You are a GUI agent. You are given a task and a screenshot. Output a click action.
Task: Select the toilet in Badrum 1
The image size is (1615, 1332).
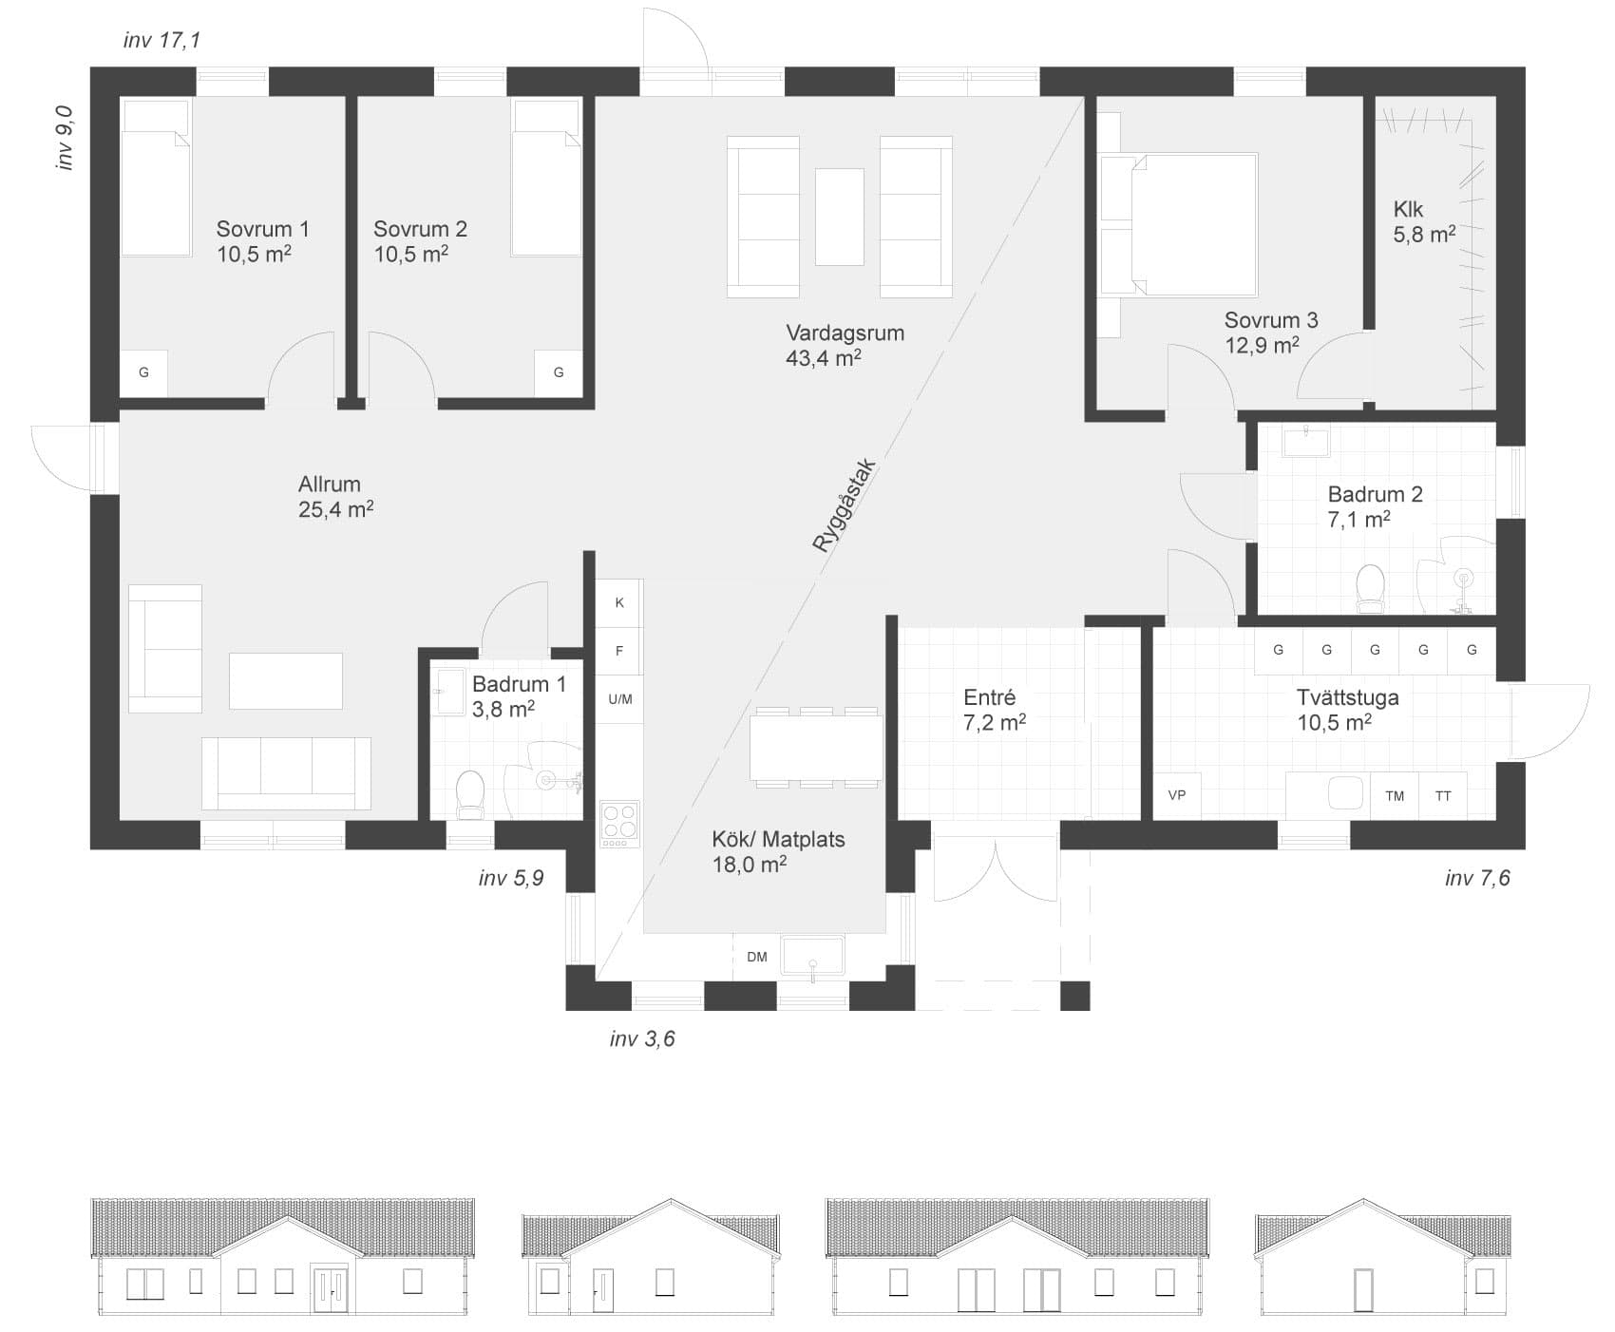[x=470, y=794]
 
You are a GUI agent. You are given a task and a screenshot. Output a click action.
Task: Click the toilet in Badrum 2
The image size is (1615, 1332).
[x=1370, y=589]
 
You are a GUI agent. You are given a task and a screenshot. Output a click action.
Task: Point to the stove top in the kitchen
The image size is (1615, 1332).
[x=620, y=825]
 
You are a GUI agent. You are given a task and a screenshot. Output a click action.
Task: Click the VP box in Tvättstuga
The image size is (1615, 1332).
[x=1177, y=795]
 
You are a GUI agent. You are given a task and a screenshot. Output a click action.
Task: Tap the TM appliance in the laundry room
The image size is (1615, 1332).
[x=1395, y=795]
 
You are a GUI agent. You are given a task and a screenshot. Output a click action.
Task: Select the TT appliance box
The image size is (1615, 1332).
[x=1443, y=795]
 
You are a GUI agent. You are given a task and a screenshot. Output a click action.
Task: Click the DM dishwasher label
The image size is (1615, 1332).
[x=757, y=957]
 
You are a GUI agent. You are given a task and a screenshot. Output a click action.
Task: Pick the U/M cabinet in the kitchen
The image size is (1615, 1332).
[x=619, y=699]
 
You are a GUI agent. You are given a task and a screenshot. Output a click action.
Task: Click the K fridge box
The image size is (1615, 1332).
[x=619, y=602]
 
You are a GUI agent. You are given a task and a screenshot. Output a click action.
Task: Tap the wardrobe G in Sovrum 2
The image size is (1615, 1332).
[x=559, y=372]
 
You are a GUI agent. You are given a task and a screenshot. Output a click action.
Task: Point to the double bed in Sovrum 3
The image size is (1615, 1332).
[x=1178, y=224]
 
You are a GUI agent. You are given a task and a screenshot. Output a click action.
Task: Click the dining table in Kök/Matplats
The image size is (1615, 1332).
[x=816, y=748]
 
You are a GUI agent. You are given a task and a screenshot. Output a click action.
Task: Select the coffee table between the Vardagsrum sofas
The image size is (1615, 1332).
[x=840, y=217]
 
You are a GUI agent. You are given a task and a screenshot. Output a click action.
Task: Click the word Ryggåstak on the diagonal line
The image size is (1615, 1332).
[x=845, y=505]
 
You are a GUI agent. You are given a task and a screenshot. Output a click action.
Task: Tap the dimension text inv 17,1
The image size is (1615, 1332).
[x=161, y=40]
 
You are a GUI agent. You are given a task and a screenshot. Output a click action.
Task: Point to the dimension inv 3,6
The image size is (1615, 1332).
[x=642, y=1038]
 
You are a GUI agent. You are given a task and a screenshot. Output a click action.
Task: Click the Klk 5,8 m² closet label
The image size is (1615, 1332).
[x=1424, y=221]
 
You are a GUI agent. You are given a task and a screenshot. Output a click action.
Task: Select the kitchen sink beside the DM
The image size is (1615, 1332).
[x=812, y=955]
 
